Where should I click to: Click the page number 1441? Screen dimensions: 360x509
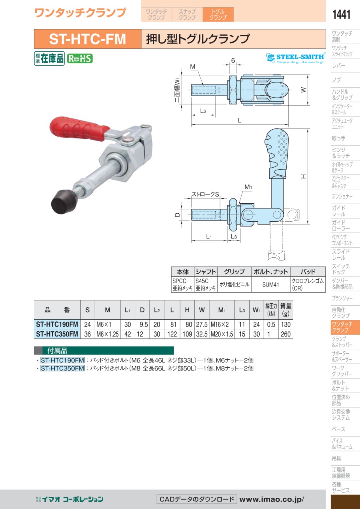click(x=341, y=14)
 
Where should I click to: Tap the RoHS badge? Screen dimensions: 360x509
click(x=80, y=58)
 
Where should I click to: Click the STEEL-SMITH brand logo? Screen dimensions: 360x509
click(x=296, y=58)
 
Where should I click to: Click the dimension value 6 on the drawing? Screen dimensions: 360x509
click(x=233, y=60)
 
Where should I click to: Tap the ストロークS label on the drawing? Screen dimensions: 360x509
click(x=205, y=194)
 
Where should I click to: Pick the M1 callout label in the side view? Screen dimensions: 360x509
click(x=248, y=187)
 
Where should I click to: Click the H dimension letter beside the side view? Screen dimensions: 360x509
click(x=304, y=176)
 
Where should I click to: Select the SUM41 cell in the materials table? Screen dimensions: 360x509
click(x=270, y=285)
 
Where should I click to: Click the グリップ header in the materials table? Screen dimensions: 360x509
click(x=234, y=272)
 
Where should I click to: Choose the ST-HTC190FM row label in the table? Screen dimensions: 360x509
click(x=57, y=324)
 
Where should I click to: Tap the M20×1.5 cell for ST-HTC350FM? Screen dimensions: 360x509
click(x=222, y=334)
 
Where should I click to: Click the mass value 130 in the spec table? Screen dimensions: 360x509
click(x=286, y=325)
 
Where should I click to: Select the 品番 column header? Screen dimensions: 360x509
click(x=57, y=310)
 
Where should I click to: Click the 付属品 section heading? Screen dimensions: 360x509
click(x=57, y=351)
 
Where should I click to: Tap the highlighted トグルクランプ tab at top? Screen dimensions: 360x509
click(x=218, y=14)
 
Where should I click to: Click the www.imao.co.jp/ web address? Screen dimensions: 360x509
click(x=272, y=499)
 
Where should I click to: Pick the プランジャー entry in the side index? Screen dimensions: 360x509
click(x=342, y=299)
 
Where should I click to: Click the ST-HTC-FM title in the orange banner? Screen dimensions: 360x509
click(x=88, y=39)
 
